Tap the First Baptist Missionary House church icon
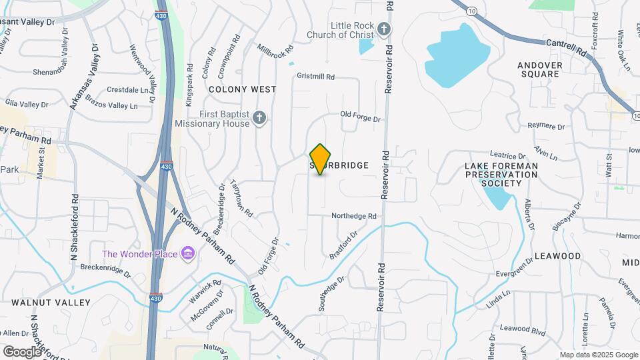[x=260, y=119]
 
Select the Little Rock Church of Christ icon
[x=383, y=29]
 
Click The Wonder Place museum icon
[x=188, y=254]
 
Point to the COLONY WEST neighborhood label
[x=242, y=89]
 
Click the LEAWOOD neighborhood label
[x=558, y=256]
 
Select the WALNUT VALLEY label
[x=51, y=302]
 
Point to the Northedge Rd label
[x=354, y=216]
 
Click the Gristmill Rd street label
[x=316, y=77]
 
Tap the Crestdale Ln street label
[x=127, y=89]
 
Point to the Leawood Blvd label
[x=523, y=328]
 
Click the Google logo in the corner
[x=22, y=352]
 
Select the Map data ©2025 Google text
[x=599, y=355]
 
